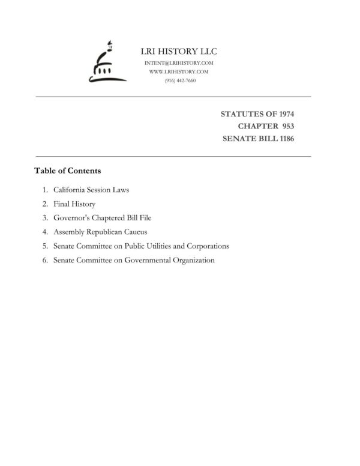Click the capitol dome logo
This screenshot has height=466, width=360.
click(103, 63)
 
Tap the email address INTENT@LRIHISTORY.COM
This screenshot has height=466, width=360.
click(179, 63)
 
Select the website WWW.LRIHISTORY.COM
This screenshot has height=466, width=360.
click(179, 71)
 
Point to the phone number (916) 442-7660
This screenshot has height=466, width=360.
click(179, 80)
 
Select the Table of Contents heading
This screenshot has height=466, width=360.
click(67, 171)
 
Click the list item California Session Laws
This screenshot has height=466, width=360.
click(91, 190)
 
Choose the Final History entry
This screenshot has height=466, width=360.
click(74, 204)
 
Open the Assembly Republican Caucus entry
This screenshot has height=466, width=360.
click(100, 232)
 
